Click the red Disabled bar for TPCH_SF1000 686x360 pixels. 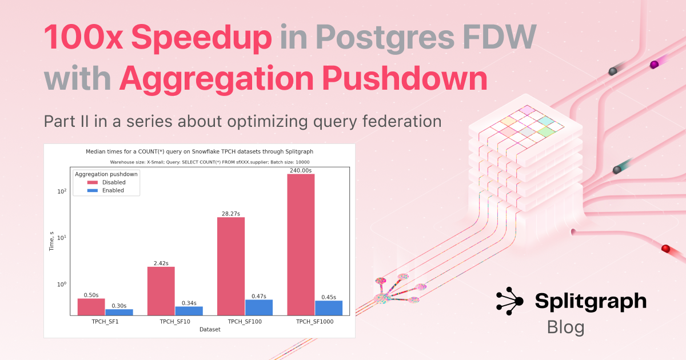(301, 245)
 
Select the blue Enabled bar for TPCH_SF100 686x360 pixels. (259, 307)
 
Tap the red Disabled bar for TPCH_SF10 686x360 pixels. (161, 291)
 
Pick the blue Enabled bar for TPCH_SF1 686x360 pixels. (119, 312)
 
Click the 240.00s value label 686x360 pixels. (301, 170)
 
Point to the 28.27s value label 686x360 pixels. (231, 214)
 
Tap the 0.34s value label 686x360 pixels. (189, 303)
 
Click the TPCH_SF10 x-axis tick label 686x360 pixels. (175, 321)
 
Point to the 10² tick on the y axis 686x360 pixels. (62, 191)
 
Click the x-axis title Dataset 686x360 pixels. (210, 329)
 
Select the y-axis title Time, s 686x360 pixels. (51, 241)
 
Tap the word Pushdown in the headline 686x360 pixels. (405, 78)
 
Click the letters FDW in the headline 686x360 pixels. (499, 37)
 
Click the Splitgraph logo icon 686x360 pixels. (509, 301)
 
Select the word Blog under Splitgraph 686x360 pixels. (565, 327)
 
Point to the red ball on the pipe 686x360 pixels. (665, 248)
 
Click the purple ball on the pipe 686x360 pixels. (654, 65)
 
